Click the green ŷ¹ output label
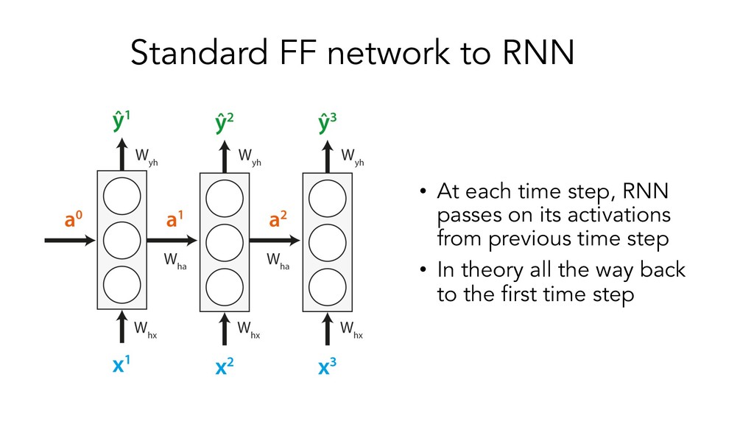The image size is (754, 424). (123, 121)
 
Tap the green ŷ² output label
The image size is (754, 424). (226, 121)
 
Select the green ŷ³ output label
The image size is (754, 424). (328, 121)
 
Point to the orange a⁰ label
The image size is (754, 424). (72, 219)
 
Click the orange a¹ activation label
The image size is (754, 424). (175, 219)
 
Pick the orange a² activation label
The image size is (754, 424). (278, 219)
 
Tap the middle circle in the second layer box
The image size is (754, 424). (225, 240)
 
